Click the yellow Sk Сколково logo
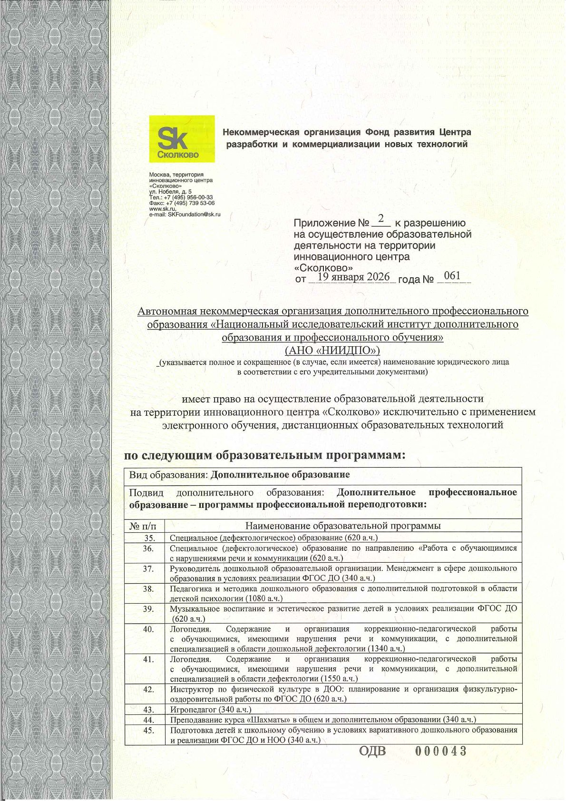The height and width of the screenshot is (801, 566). [181, 138]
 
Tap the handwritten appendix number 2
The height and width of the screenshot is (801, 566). [381, 220]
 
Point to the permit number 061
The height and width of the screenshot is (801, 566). [451, 275]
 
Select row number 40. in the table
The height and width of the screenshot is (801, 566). [149, 629]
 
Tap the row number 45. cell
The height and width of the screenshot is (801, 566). [149, 730]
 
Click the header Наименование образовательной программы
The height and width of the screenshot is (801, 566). [343, 526]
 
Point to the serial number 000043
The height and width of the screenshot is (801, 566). [440, 751]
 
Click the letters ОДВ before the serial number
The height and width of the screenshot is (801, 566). [372, 752]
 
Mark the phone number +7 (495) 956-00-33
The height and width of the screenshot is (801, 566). [188, 197]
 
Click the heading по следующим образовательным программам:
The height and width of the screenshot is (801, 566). [265, 455]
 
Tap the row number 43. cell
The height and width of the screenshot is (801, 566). [149, 710]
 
